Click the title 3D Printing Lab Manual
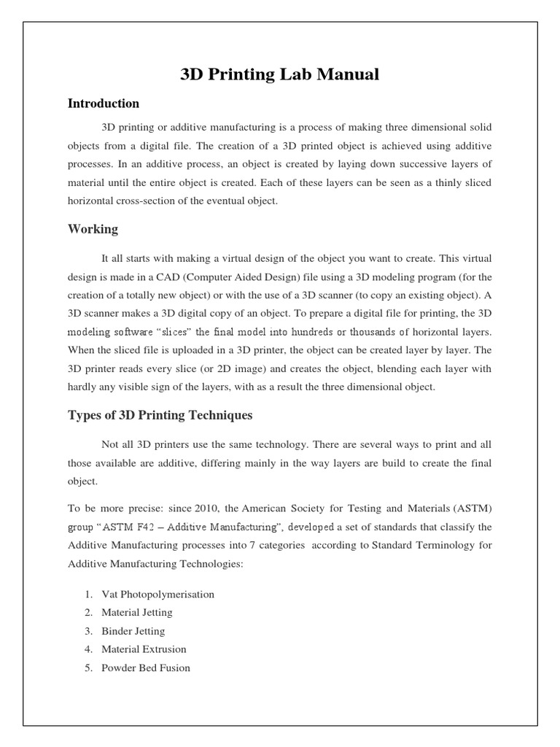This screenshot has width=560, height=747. tap(280, 74)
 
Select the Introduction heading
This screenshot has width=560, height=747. tap(104, 103)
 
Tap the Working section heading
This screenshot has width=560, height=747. tap(93, 229)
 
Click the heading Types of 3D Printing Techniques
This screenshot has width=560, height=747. tap(160, 415)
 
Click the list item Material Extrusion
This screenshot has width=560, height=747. tap(144, 649)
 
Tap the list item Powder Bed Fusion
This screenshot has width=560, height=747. tap(146, 667)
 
